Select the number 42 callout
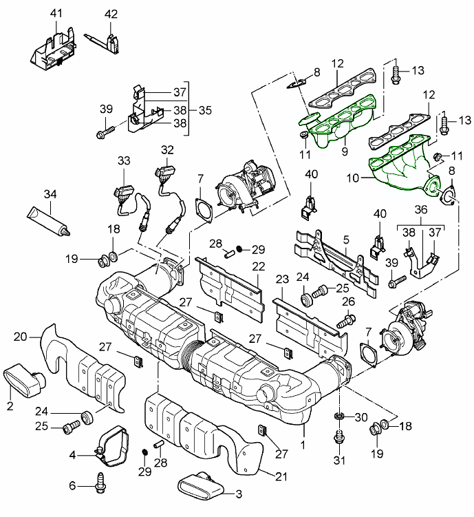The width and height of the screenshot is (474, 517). [x=111, y=14]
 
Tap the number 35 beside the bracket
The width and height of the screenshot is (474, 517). [x=204, y=109]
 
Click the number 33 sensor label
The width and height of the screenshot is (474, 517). [x=123, y=160]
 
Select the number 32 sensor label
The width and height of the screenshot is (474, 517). [x=167, y=149]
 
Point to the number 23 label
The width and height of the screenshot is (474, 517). [x=281, y=279]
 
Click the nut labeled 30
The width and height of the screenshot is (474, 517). [x=338, y=418]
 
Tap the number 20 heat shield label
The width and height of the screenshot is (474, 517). [x=21, y=337]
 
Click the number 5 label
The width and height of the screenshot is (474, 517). [x=347, y=240]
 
